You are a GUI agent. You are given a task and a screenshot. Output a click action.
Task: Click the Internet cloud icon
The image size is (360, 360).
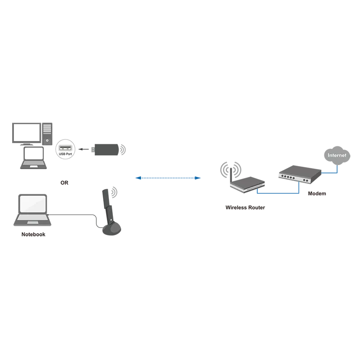click(x=337, y=155)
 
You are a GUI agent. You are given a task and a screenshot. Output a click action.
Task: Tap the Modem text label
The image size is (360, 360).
click(x=317, y=193)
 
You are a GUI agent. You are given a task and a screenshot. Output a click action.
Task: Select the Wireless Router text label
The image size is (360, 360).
click(x=245, y=207)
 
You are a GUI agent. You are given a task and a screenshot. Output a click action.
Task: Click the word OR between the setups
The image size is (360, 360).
click(x=64, y=183)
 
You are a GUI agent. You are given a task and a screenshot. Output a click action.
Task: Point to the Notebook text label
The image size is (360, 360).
click(x=33, y=234)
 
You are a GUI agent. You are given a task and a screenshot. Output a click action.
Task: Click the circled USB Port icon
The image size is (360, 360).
click(x=65, y=149)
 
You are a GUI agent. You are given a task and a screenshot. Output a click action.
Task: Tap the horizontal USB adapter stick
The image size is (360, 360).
click(x=105, y=150)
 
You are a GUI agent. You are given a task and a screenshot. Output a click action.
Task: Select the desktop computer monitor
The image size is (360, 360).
click(x=27, y=134)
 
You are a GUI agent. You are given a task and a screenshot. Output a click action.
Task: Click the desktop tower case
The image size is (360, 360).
click(x=47, y=134)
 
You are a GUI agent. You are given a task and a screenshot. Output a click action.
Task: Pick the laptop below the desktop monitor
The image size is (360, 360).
click(x=33, y=158)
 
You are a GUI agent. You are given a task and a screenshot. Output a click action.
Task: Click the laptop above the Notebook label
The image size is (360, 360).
click(x=32, y=210)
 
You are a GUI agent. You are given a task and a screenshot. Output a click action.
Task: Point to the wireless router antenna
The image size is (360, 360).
click(x=231, y=175)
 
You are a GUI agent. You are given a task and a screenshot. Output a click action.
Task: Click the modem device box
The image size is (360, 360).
click(x=300, y=174)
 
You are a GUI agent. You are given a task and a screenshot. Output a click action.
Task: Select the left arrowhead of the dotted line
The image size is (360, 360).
click(x=138, y=178)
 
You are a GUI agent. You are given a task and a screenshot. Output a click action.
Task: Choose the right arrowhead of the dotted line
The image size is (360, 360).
click(x=198, y=178)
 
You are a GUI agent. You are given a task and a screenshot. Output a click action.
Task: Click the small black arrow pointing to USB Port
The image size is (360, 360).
click(x=84, y=149)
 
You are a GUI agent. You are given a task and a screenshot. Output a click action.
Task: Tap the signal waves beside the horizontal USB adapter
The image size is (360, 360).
click(x=123, y=150)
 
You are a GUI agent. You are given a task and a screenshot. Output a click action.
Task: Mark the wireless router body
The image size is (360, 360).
click(x=248, y=184)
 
